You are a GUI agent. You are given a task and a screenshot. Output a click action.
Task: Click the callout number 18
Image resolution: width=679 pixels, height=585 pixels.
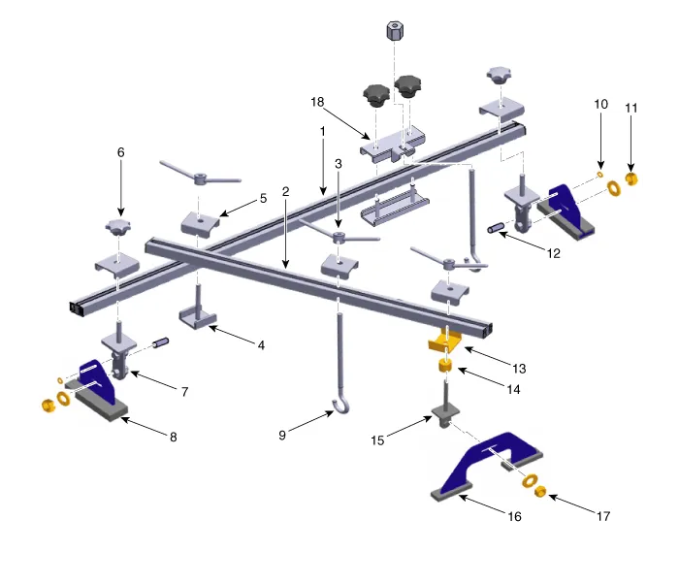(317, 102)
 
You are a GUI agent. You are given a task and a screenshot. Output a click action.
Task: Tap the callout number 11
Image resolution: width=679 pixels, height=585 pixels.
(630, 108)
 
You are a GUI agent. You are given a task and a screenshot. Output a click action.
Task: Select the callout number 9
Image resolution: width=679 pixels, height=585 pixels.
(282, 436)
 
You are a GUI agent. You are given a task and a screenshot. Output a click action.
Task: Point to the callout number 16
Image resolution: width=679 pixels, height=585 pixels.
(514, 516)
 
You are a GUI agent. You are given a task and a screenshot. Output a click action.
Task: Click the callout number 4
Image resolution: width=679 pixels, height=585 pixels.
(261, 345)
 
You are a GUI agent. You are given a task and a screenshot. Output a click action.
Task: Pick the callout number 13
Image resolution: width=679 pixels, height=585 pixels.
(519, 369)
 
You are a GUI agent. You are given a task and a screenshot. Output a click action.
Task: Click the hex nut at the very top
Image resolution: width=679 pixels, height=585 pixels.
(395, 31)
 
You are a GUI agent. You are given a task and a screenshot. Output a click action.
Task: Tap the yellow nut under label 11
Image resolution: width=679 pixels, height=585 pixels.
(631, 179)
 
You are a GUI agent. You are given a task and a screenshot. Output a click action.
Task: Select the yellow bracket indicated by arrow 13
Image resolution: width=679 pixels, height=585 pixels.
(444, 341)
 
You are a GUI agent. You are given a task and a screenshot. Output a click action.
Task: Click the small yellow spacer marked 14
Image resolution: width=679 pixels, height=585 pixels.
(445, 366)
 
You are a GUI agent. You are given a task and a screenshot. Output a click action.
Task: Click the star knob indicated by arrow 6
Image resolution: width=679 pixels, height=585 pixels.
(117, 227)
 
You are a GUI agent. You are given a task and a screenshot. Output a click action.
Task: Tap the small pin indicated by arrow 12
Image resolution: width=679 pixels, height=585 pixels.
(496, 227)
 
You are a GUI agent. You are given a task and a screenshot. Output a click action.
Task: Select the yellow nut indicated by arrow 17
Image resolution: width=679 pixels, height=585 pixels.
(540, 492)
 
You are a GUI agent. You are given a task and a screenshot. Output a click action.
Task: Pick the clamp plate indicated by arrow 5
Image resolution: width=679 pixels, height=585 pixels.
(200, 224)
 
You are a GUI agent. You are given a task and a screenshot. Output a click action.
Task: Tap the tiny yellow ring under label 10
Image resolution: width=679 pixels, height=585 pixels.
(600, 174)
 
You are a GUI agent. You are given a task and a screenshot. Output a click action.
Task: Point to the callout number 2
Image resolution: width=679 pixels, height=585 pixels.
(285, 191)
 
